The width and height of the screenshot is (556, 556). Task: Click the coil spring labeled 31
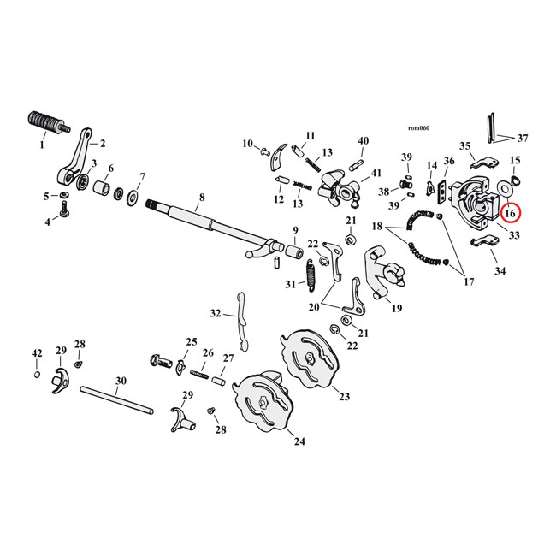(312, 275)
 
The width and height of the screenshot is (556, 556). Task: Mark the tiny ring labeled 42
(37, 375)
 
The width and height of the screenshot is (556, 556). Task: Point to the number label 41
(377, 174)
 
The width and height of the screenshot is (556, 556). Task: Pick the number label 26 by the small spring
(208, 353)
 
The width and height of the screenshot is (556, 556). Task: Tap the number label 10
(248, 144)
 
